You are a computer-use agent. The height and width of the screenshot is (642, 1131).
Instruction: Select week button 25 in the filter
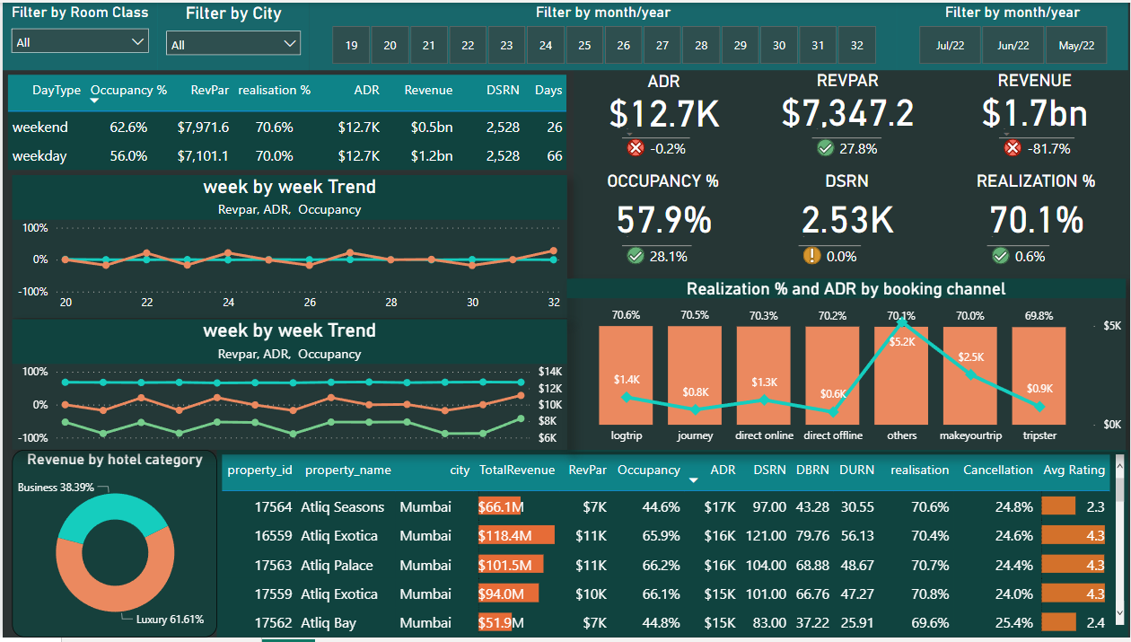click(x=584, y=45)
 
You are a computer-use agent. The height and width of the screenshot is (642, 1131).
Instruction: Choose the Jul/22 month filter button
click(x=950, y=45)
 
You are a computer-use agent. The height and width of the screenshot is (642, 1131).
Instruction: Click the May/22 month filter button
click(x=1076, y=45)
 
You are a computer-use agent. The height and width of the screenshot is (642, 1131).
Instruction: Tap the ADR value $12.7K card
click(x=664, y=114)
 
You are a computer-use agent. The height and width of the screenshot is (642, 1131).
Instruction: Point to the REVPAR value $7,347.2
click(x=847, y=114)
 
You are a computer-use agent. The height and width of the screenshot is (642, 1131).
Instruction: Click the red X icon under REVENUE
click(x=1013, y=148)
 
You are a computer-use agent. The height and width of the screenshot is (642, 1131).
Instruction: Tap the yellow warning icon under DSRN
click(x=812, y=256)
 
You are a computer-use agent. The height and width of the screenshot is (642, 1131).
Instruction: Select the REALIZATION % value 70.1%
click(x=1036, y=220)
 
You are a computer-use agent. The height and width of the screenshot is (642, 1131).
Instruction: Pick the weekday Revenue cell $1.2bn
click(x=431, y=156)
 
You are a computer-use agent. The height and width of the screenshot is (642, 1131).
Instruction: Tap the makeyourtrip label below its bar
click(x=970, y=435)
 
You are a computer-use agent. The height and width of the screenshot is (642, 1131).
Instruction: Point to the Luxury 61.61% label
click(x=170, y=620)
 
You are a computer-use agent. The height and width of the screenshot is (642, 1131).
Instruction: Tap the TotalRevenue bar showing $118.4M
click(x=515, y=536)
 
